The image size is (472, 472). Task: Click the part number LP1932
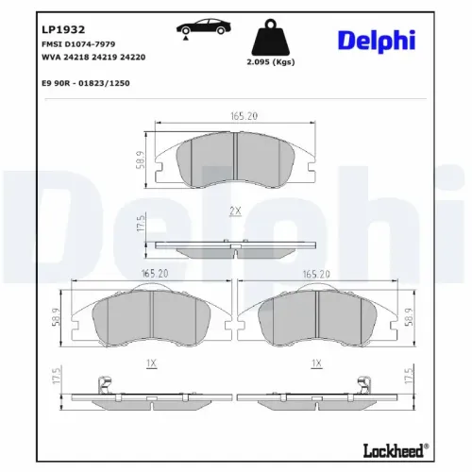coord(63,29)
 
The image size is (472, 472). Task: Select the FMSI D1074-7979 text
coord(78,44)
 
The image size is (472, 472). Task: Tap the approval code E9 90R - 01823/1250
coord(86,83)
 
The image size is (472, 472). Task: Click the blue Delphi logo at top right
coord(377,41)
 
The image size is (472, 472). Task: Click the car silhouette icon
coord(203,27)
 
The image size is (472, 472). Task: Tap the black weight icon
coord(270,37)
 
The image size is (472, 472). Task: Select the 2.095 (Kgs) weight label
coord(271,62)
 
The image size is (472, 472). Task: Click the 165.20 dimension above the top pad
coord(244,116)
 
